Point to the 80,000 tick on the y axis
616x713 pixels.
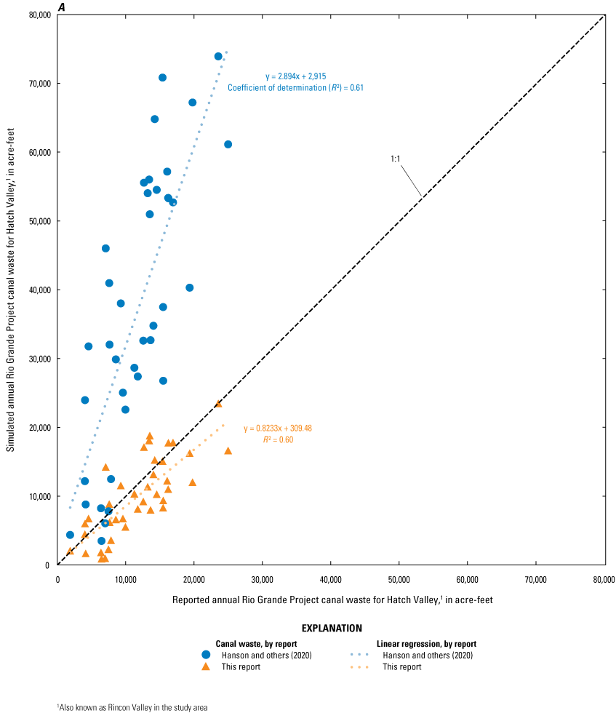[38, 15]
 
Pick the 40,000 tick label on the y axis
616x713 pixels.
[38, 290]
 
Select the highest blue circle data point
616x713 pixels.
[218, 56]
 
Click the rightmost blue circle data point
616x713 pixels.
[228, 144]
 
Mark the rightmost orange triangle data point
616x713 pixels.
[228, 451]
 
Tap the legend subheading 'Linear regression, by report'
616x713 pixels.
[425, 644]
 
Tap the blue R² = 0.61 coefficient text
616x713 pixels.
[295, 87]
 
